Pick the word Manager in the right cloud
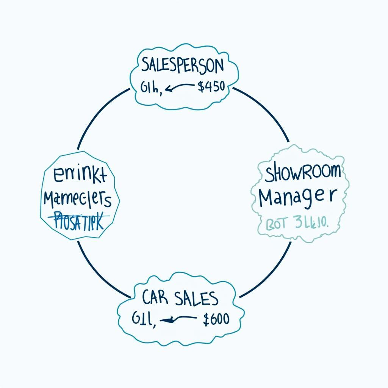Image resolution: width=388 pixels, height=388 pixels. click(x=298, y=197)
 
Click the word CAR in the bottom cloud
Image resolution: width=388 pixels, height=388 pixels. click(x=155, y=298)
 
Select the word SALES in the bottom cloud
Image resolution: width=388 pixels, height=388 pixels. click(x=197, y=298)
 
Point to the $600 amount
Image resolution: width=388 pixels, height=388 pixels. click(x=216, y=319)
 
